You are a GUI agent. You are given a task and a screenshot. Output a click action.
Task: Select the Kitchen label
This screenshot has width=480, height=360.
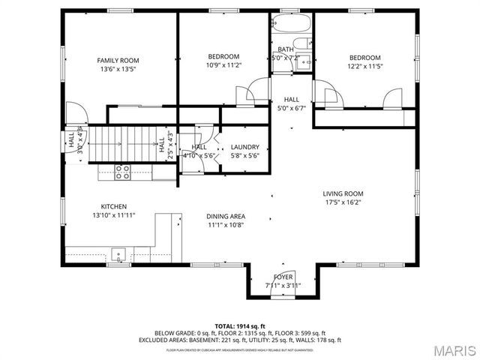click(x=114, y=206)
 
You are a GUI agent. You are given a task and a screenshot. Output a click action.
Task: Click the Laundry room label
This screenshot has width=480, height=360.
click(x=244, y=147)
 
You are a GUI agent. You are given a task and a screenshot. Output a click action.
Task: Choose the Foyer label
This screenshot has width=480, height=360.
click(x=283, y=277)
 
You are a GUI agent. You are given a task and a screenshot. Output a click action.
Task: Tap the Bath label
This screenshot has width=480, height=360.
click(x=286, y=49)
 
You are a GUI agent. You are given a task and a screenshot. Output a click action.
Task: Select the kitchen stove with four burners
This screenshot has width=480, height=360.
click(x=122, y=172)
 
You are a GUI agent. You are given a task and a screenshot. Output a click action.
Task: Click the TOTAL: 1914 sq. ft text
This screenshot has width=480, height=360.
click(x=240, y=326)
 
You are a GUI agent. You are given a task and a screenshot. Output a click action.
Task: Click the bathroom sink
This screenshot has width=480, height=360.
click(x=304, y=63)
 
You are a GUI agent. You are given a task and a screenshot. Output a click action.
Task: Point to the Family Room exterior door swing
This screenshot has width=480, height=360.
click(x=75, y=113)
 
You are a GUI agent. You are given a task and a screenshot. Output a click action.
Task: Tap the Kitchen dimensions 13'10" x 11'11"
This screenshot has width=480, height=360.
click(x=114, y=215)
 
